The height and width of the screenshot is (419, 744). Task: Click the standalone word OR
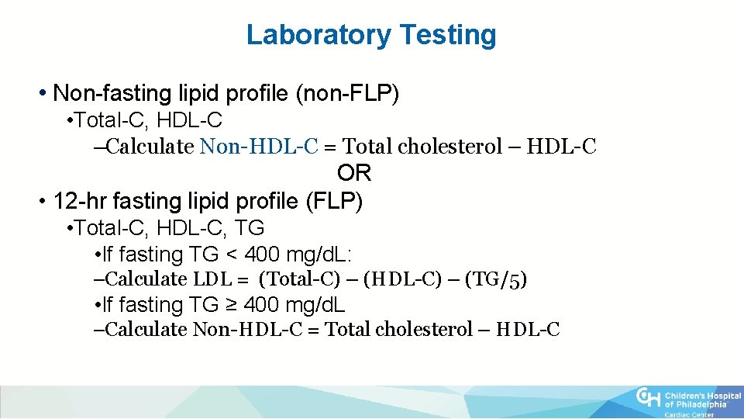(x=354, y=173)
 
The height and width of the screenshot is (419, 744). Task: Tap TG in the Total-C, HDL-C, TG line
(x=251, y=228)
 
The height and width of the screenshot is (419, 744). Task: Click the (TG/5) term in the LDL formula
(x=496, y=279)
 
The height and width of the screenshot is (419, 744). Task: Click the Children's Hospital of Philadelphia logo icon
(x=649, y=396)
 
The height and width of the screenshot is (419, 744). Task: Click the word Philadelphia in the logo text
(x=701, y=404)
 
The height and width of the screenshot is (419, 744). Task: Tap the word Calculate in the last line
(x=145, y=330)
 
